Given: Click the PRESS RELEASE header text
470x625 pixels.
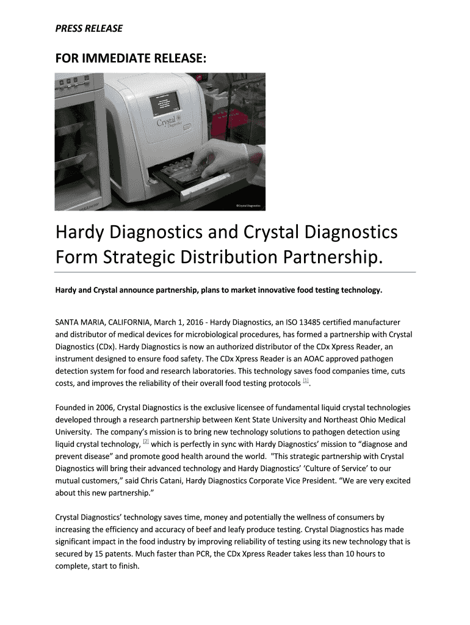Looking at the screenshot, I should [x=89, y=29].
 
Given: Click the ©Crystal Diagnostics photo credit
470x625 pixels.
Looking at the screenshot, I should [x=248, y=206].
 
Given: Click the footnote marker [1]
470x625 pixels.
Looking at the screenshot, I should [x=306, y=381].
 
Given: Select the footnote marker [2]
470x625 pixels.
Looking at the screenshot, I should [x=145, y=441].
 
